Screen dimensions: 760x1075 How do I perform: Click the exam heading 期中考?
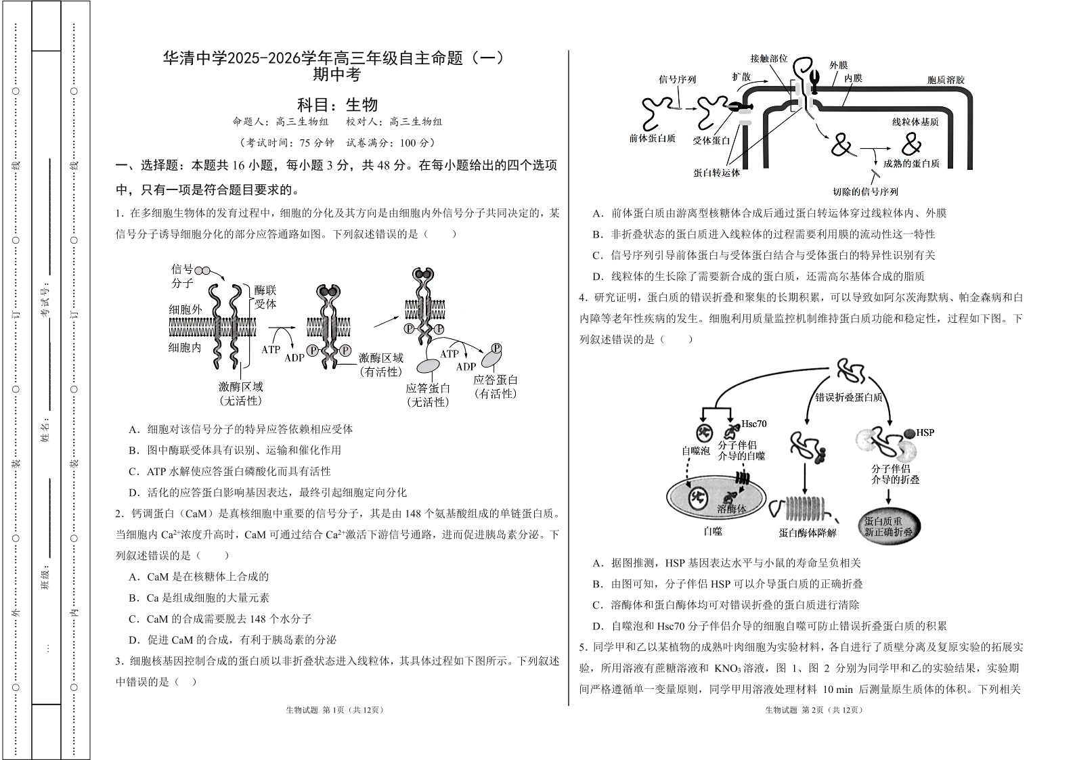(x=336, y=75)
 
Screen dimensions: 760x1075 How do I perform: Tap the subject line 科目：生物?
(x=337, y=105)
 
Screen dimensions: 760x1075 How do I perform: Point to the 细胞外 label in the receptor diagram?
(x=185, y=309)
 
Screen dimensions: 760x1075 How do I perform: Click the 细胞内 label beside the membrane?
(x=185, y=347)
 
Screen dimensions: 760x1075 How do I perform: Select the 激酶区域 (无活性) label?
(x=240, y=393)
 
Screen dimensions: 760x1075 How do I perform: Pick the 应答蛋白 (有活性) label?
(x=495, y=386)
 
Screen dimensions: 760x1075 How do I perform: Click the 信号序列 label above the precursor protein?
(x=677, y=79)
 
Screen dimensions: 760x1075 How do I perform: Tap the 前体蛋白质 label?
(x=653, y=138)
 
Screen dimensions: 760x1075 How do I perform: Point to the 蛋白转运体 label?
(x=716, y=173)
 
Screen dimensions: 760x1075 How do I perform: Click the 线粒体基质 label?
(x=915, y=122)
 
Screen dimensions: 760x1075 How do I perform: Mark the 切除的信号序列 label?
(x=866, y=192)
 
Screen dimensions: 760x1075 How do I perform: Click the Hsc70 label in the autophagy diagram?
(x=753, y=424)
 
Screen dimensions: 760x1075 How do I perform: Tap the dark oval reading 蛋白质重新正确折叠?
(x=888, y=527)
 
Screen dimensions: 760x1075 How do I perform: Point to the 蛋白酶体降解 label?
(x=808, y=533)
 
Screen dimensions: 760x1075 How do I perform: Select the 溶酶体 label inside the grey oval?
(x=731, y=508)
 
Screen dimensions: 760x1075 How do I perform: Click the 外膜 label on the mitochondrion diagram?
(x=838, y=66)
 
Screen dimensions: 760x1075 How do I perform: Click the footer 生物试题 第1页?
(x=334, y=710)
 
